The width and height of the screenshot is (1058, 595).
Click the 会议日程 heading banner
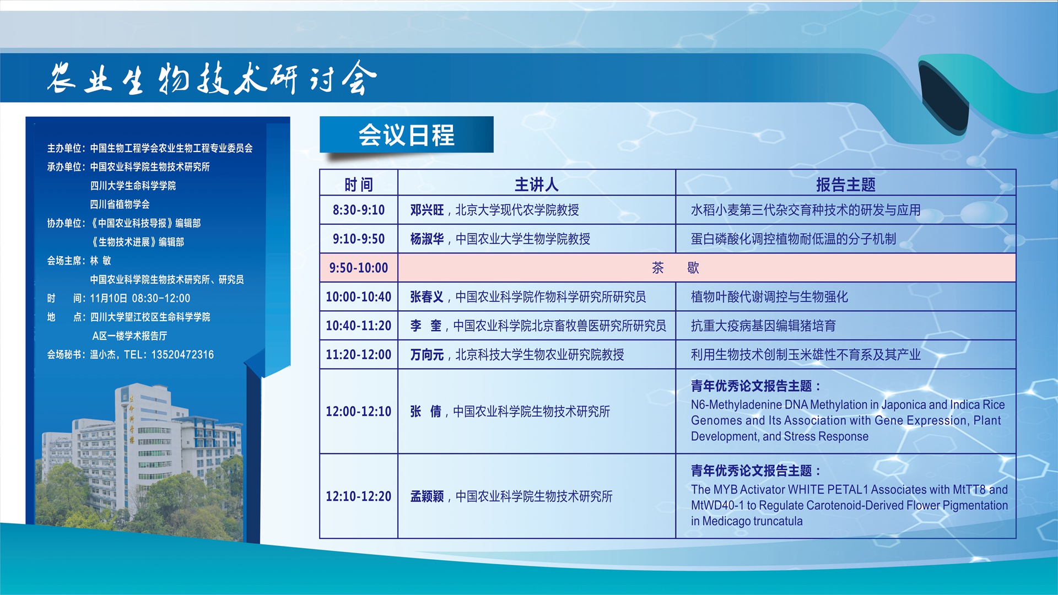coord(406,134)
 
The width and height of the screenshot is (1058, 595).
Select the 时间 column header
coord(359,185)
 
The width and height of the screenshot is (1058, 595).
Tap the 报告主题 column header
coord(845,185)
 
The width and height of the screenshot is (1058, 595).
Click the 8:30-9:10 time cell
coord(359,210)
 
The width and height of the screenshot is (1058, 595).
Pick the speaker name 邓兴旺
coord(427,210)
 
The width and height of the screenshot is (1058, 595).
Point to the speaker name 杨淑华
coord(427,239)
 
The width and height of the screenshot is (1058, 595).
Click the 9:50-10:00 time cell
coord(359,268)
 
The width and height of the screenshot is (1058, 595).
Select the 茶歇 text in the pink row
coord(675,268)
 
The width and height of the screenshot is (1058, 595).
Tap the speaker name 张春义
coord(427,297)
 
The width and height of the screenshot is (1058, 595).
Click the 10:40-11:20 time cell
coord(359,326)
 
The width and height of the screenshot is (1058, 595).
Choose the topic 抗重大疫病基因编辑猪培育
coord(763,326)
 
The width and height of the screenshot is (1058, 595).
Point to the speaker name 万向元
coord(427,355)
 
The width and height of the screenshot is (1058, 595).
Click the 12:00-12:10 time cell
coord(359,412)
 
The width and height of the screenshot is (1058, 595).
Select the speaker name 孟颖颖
coord(427,496)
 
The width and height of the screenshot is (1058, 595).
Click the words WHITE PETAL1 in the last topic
coord(828,489)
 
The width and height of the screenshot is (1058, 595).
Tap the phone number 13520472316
coord(182,355)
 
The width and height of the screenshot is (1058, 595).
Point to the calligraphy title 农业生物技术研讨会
coord(212,78)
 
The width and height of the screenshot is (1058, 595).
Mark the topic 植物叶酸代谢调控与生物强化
coord(769,297)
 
